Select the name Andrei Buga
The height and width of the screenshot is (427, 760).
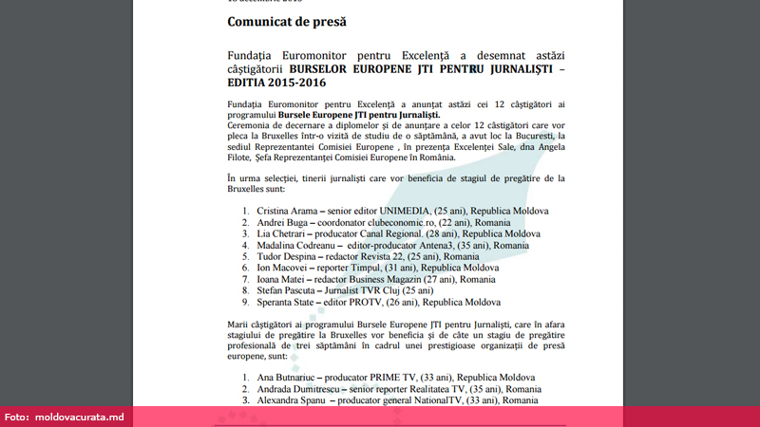click(x=283, y=222)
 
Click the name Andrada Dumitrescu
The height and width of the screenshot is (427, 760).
click(x=303, y=389)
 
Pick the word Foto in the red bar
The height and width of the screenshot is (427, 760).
click(x=17, y=418)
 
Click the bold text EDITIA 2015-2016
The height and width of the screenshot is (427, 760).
click(x=286, y=84)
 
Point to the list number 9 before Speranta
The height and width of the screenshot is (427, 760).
click(x=245, y=302)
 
